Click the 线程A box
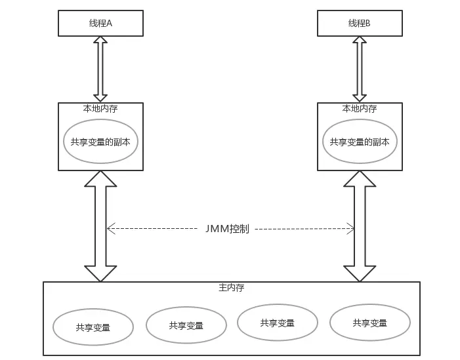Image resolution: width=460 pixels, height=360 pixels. pyautogui.click(x=100, y=23)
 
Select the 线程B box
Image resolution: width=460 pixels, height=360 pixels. pyautogui.click(x=359, y=23)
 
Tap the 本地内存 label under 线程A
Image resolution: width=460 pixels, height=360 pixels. pyautogui.click(x=101, y=109)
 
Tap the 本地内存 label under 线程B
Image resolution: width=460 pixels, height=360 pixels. pyautogui.click(x=360, y=109)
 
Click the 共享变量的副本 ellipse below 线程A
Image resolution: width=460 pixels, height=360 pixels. pyautogui.click(x=101, y=141)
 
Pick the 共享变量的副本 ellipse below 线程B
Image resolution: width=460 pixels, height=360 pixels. pyautogui.click(x=360, y=141)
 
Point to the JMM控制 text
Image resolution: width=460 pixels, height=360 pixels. pyautogui.click(x=226, y=229)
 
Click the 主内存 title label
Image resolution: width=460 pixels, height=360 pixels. pyautogui.click(x=231, y=288)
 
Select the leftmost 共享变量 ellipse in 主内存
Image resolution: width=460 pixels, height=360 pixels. pyautogui.click(x=93, y=326)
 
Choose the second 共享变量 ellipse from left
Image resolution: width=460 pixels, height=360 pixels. pyautogui.click(x=186, y=325)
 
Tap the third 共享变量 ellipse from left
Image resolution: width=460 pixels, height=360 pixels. pyautogui.click(x=277, y=322)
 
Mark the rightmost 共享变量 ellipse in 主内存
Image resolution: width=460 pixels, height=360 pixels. pyautogui.click(x=369, y=322)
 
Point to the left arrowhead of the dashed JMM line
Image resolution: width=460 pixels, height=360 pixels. pyautogui.click(x=110, y=229)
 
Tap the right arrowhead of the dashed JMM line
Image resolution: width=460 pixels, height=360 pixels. pyautogui.click(x=350, y=229)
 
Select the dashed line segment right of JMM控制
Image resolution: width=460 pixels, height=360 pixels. pyautogui.click(x=302, y=229)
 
